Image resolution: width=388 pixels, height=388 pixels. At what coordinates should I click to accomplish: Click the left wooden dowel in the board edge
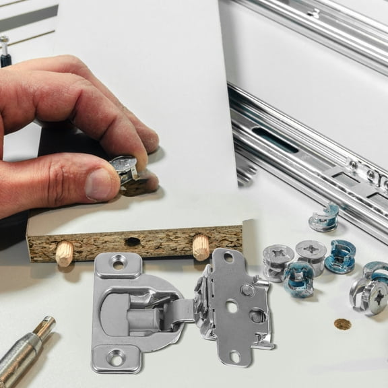(65, 253)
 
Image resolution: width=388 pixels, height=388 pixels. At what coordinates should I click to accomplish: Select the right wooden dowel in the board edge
(201, 247)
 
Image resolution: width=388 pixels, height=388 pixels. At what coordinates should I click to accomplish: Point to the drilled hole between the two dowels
(133, 241)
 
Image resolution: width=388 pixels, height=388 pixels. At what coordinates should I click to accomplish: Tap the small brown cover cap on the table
(342, 324)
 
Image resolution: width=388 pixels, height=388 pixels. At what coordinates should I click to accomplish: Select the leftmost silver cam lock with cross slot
(278, 259)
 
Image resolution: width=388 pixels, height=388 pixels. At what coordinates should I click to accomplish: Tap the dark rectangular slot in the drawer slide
(276, 139)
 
